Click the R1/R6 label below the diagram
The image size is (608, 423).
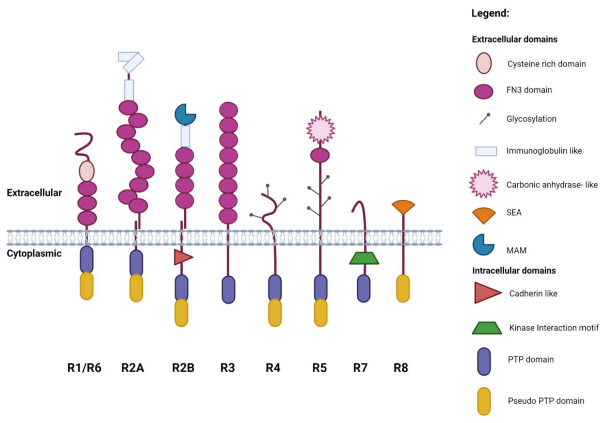pos(84,368)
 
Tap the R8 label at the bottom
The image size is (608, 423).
pos(401,368)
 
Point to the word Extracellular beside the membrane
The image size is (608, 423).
pos(34,193)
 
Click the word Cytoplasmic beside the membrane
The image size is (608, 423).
pos(34,254)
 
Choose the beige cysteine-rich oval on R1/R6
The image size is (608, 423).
pos(87,171)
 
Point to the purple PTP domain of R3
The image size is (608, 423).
pos(228,290)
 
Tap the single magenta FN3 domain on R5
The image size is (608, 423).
pos(320,155)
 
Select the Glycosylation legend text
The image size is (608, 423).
pos(531,119)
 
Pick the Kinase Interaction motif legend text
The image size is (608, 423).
pos(554,328)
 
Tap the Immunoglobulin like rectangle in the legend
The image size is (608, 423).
pos(486,151)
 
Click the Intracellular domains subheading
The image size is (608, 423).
pos(514,271)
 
